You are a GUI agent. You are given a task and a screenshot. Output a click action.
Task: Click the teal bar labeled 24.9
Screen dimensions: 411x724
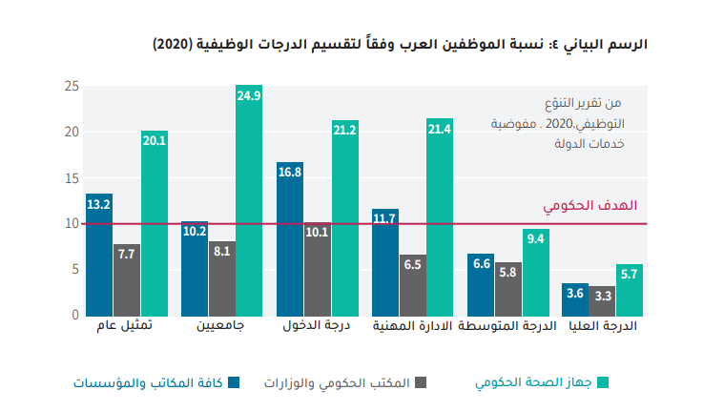249,200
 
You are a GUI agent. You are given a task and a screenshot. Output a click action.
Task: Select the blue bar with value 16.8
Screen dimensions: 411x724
290,238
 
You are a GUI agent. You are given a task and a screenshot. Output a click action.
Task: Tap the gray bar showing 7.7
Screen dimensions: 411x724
127,279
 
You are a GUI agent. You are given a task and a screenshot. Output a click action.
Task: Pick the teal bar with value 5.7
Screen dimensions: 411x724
630,289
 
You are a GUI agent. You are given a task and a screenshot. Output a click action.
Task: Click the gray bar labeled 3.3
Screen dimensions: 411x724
602,300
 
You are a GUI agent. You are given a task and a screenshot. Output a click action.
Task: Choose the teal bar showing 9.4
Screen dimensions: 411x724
536,272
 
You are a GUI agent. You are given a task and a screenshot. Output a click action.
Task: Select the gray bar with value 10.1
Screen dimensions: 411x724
318,269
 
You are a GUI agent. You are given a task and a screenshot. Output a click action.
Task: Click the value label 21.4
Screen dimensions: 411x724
440,129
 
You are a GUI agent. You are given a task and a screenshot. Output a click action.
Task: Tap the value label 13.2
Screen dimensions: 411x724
99,204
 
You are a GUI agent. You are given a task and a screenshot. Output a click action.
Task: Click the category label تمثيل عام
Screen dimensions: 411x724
126,328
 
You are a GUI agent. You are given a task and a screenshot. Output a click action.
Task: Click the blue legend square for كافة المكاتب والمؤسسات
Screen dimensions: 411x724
234,382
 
